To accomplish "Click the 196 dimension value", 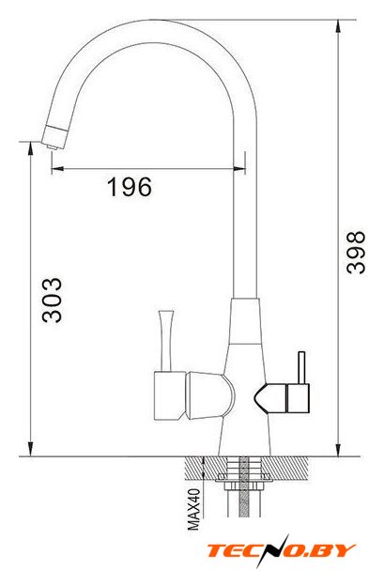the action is click(x=130, y=187).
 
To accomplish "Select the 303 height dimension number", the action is click(x=52, y=300).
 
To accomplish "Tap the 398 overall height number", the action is click(x=355, y=253).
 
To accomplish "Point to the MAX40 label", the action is click(x=193, y=509).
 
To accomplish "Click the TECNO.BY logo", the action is click(x=281, y=550).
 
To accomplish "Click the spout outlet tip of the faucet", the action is click(x=53, y=147).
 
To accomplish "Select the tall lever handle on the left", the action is click(x=166, y=341).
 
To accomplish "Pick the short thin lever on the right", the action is click(x=301, y=367).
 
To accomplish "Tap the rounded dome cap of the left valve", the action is click(x=210, y=395).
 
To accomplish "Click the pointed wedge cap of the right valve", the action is click(x=270, y=398).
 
